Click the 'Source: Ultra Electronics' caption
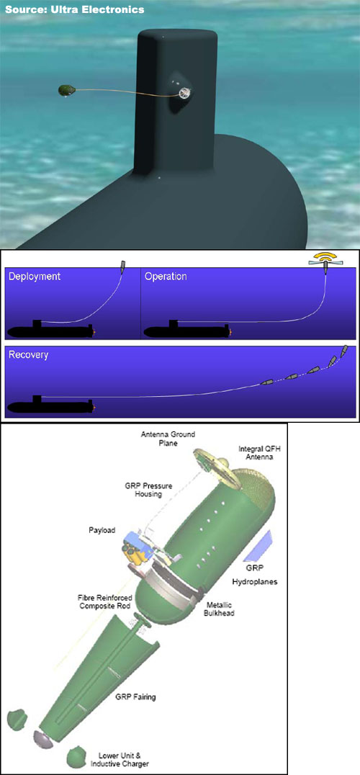pos(75,9)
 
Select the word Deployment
pos(33,277)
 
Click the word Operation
pos(166,277)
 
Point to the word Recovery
pos(27,356)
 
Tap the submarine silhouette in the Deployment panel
pos(50,331)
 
